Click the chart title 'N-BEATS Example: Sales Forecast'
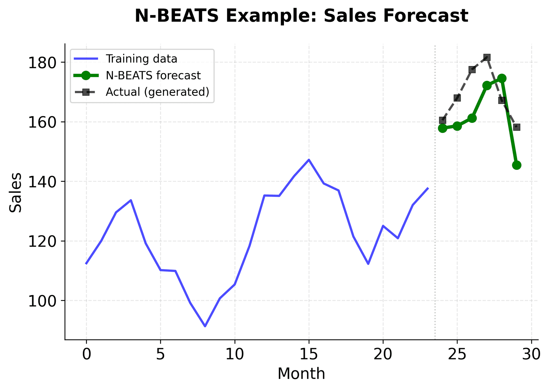click(301, 16)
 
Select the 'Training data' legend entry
click(141, 59)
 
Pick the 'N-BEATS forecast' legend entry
click(153, 75)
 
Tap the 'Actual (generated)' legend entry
click(157, 92)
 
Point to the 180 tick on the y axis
click(41, 63)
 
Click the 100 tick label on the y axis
click(41, 301)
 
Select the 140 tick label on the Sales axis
click(41, 182)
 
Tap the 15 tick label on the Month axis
click(309, 355)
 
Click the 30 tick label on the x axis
click(531, 355)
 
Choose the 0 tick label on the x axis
click(86, 355)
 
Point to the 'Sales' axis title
click(15, 192)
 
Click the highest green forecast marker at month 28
click(502, 78)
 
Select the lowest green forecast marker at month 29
click(517, 165)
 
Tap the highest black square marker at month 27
click(487, 57)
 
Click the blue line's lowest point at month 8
click(205, 326)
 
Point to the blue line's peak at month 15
click(309, 160)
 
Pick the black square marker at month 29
click(517, 127)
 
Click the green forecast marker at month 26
click(472, 118)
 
